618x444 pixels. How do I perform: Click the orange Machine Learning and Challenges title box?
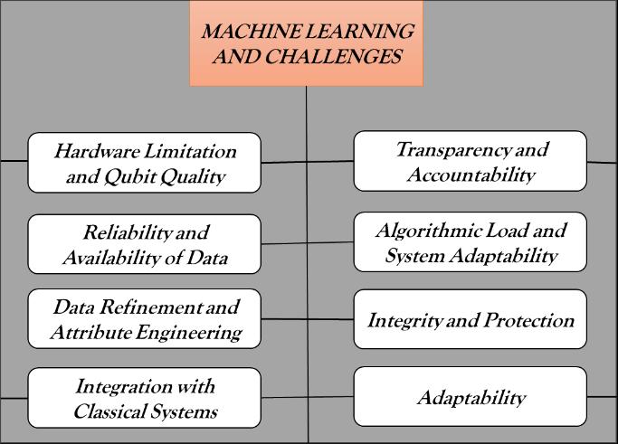click(x=306, y=43)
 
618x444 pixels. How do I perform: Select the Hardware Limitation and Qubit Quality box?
click(x=144, y=163)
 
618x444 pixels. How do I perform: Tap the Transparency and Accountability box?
click(x=470, y=161)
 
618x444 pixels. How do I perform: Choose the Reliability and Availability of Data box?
click(x=144, y=243)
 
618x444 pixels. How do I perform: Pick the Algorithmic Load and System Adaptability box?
click(x=470, y=242)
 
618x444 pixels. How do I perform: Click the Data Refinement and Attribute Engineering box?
click(x=144, y=318)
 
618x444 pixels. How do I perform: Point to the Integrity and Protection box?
click(x=470, y=320)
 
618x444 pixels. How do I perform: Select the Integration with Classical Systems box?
click(x=144, y=398)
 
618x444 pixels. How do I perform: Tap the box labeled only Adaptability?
click(x=470, y=397)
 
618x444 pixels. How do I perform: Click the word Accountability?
click(x=470, y=175)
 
